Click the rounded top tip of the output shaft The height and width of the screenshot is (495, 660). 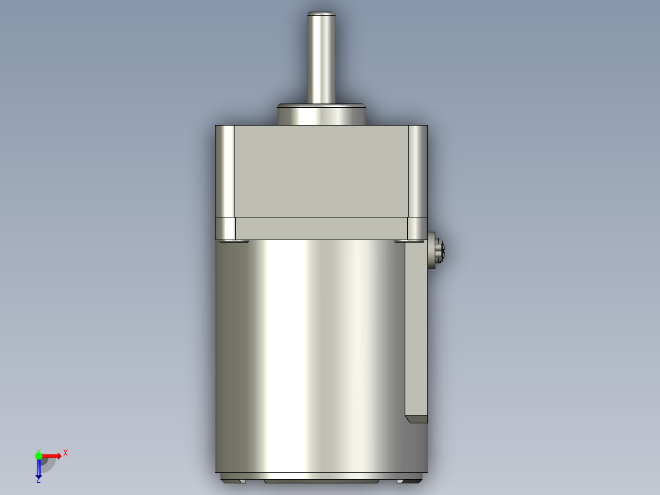pos(321,14)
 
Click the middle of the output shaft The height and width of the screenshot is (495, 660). pos(321,58)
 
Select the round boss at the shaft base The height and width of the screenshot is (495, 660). pos(321,115)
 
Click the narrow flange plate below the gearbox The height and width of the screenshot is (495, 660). pos(321,228)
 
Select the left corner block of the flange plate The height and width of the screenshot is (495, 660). pos(225,228)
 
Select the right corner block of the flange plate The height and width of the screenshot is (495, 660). pos(418,228)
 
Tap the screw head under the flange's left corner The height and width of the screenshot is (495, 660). pos(233,241)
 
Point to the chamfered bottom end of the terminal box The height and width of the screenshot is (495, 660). pos(416,420)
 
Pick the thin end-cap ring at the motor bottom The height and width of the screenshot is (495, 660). pos(321,475)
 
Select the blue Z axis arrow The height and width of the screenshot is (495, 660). pos(39,469)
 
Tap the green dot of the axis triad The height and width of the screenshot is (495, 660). pos(39,455)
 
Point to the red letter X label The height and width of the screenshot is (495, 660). pos(66,453)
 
